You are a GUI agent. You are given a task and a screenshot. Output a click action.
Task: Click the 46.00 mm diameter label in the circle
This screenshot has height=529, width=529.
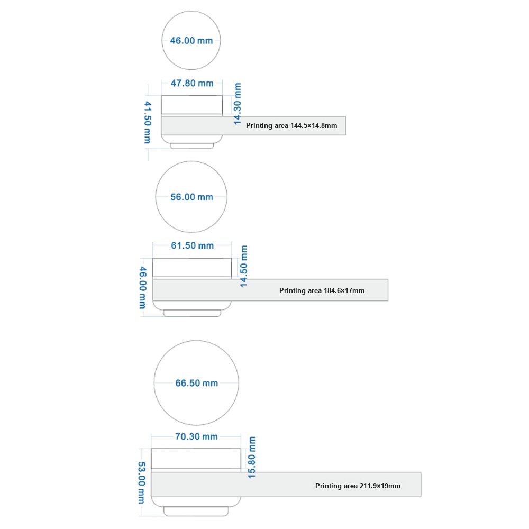(191, 41)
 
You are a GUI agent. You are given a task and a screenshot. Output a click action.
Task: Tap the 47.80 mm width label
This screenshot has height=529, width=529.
(192, 83)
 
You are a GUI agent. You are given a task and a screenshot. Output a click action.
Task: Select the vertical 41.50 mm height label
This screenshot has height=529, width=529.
(148, 122)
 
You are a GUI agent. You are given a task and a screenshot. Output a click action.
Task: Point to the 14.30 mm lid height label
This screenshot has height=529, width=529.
(238, 104)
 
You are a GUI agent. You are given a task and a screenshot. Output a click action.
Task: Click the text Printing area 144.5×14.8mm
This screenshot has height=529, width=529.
(291, 125)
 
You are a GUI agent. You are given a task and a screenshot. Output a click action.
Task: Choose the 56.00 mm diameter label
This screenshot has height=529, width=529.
(191, 197)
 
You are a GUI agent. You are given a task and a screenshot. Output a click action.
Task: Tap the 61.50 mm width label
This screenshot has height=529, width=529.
(193, 245)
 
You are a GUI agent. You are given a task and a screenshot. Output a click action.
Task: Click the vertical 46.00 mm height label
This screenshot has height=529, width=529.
(143, 287)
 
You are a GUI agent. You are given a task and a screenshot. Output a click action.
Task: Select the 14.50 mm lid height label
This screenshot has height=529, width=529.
(243, 266)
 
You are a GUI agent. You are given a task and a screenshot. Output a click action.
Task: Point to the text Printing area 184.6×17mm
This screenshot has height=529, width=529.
(322, 290)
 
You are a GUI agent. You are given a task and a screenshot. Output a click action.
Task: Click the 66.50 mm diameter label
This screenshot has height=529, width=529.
(196, 383)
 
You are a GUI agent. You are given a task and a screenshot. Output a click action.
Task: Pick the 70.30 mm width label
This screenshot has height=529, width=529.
(196, 436)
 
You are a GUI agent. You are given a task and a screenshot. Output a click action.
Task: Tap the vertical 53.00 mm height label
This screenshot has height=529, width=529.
(141, 483)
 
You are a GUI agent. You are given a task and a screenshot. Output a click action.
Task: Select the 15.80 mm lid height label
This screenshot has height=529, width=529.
(252, 458)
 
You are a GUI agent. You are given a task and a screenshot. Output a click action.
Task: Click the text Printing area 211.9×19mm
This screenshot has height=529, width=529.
(358, 486)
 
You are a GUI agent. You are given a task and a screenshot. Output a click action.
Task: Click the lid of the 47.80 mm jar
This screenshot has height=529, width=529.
(191, 105)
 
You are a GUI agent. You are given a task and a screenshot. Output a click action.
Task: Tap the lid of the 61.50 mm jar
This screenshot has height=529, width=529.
(192, 268)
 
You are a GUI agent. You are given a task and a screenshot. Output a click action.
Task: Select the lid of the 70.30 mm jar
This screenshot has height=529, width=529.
(196, 459)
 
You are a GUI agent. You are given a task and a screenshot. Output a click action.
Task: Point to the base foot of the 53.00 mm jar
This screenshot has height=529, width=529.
(196, 511)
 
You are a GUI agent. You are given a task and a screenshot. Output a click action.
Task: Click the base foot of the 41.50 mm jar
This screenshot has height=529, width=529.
(191, 146)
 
